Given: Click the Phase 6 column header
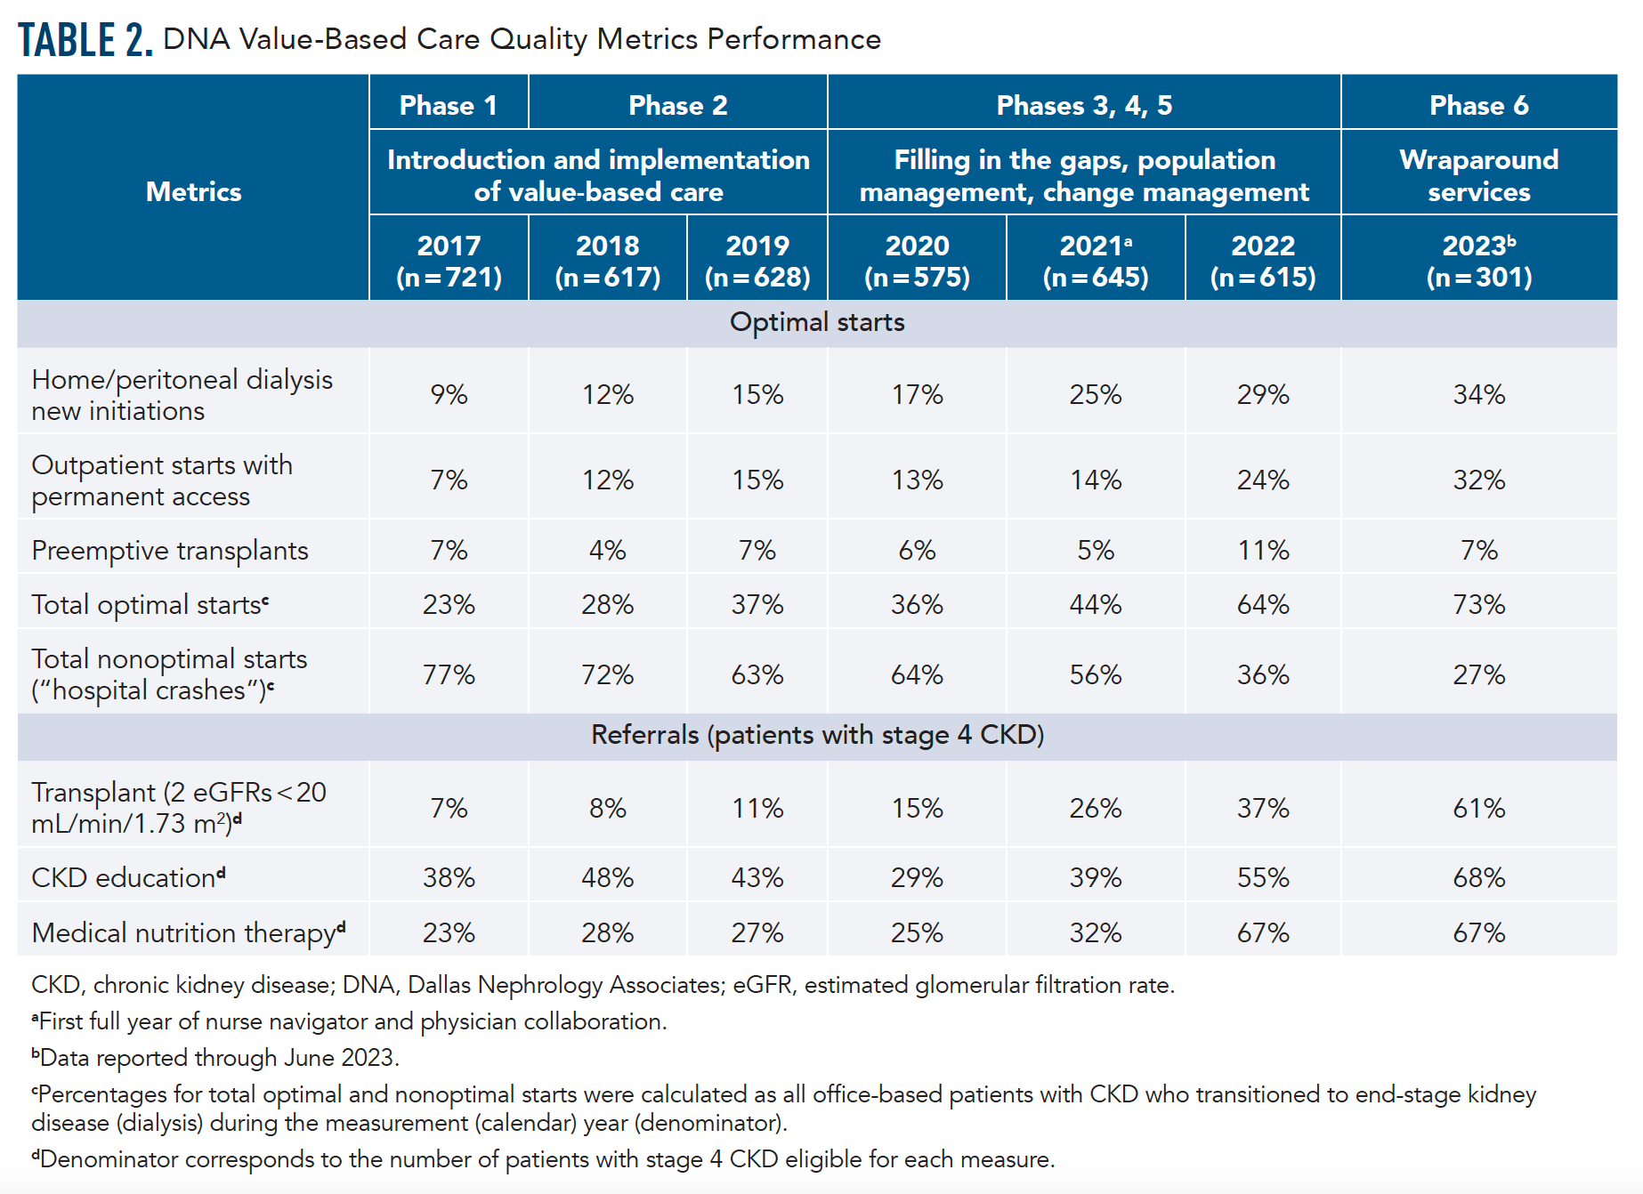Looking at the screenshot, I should click(x=1478, y=105).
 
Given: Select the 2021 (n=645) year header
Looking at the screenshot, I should click(x=1095, y=261).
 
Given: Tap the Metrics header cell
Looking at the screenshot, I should click(x=193, y=191).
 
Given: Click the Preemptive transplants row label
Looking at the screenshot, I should click(x=170, y=550).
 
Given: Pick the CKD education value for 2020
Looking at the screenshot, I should click(x=917, y=877).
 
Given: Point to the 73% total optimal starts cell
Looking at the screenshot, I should click(x=1478, y=604).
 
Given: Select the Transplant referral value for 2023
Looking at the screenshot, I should click(x=1478, y=808).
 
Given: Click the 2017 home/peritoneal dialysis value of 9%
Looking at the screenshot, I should click(x=449, y=394).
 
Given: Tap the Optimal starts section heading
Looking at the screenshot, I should click(x=817, y=322).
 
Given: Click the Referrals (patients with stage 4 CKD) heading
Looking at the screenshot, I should click(x=817, y=735).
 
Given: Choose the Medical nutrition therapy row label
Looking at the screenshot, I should click(x=188, y=932).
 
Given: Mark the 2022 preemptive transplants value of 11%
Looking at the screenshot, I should click(x=1262, y=550).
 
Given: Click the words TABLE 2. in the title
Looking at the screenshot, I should click(x=85, y=40).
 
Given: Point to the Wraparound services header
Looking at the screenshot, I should click(x=1478, y=175).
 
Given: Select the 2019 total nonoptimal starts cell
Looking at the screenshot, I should click(x=757, y=674).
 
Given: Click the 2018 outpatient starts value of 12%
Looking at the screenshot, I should click(x=607, y=480).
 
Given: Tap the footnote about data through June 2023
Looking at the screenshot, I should click(x=216, y=1058).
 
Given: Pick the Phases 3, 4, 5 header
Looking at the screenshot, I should click(x=1083, y=105).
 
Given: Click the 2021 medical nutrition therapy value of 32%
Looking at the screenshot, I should click(x=1095, y=932).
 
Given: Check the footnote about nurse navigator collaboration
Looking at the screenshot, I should click(x=350, y=1021).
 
